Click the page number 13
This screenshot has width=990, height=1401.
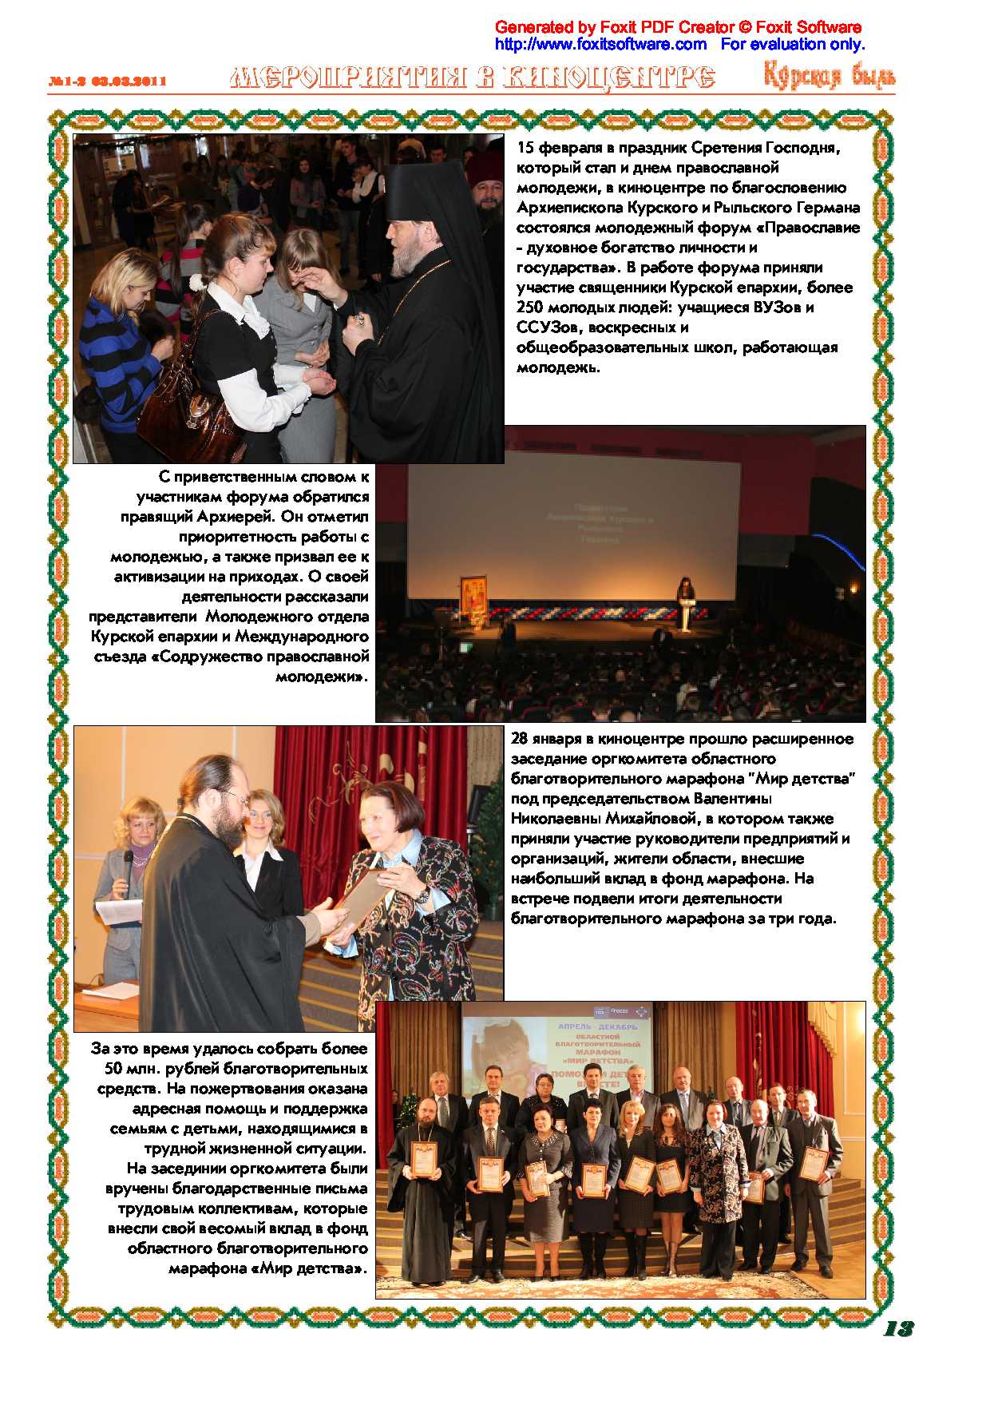coord(898,1328)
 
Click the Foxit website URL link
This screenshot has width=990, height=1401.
coord(600,44)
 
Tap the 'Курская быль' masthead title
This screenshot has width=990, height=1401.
coord(829,77)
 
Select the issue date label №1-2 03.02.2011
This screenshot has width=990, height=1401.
coord(107,81)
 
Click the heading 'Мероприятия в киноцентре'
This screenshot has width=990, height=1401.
coord(472,77)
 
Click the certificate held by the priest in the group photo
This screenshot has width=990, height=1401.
coord(423,1160)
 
